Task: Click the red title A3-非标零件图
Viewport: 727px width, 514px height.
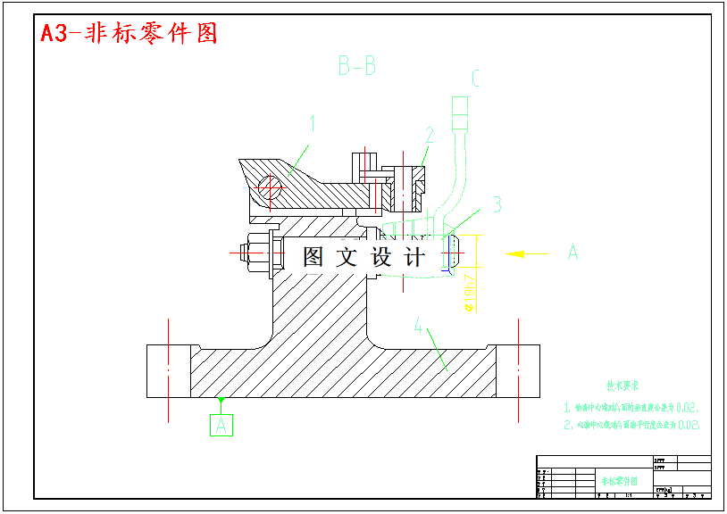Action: coord(130,34)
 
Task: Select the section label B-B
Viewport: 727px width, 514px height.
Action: coord(356,65)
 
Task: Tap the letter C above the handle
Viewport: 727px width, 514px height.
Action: coord(475,79)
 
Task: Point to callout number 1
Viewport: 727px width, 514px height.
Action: coord(313,123)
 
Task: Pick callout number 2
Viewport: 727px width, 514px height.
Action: coord(430,135)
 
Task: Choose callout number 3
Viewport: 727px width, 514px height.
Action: coord(497,204)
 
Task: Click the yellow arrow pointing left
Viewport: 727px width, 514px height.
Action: coord(526,253)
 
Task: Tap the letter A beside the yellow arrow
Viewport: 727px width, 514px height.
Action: coord(572,253)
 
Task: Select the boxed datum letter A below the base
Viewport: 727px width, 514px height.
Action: coord(221,425)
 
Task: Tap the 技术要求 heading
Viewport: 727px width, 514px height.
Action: coord(623,385)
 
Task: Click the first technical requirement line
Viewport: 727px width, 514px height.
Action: coord(631,407)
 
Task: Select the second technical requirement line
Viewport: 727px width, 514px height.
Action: coord(631,425)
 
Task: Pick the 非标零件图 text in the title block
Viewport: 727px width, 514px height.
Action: coord(619,480)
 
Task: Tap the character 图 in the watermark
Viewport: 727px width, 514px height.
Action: coord(313,257)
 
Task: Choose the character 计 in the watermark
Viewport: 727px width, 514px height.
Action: coord(414,257)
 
